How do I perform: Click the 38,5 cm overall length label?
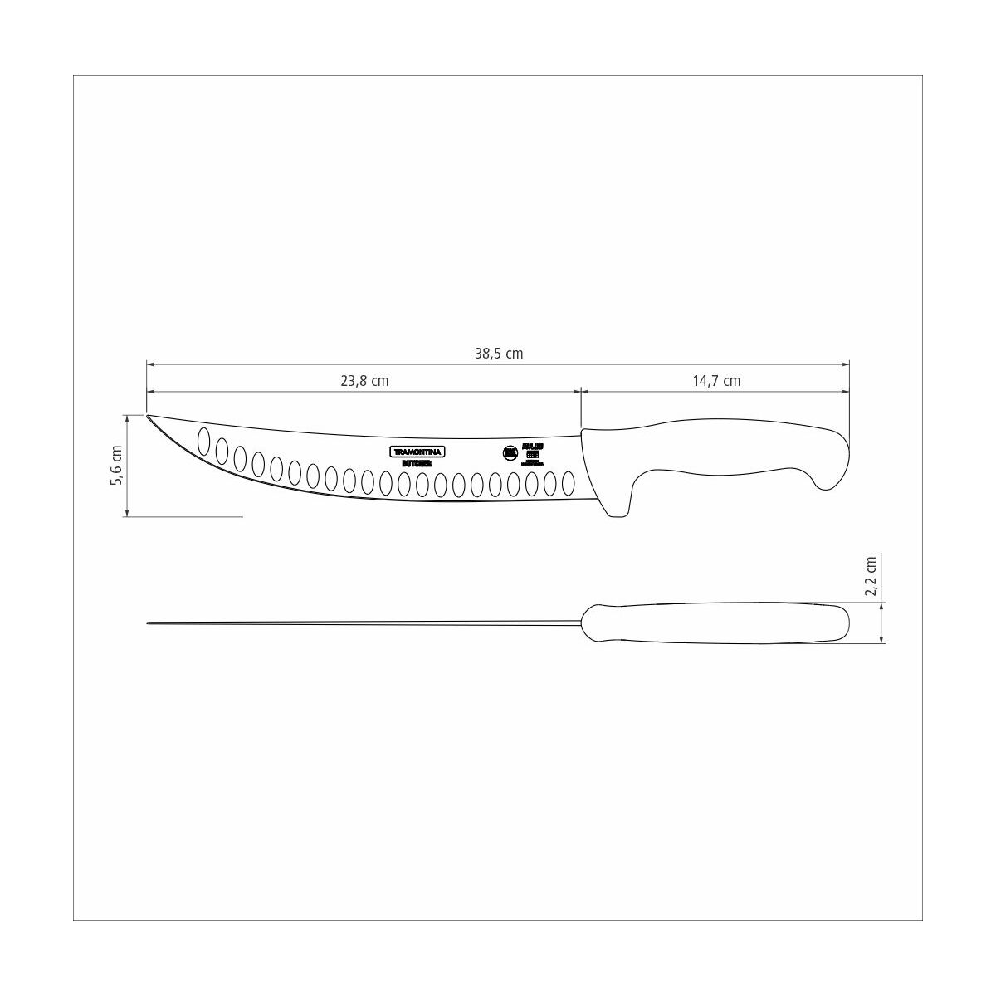tap(499, 354)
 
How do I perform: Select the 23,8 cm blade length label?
tap(364, 381)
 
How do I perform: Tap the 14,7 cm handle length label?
tap(716, 381)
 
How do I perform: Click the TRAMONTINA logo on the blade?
tap(418, 451)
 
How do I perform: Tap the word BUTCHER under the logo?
tap(417, 463)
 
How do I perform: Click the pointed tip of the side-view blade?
tap(149, 417)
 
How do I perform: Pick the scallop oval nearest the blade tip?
tap(203, 442)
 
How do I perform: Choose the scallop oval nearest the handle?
tap(569, 483)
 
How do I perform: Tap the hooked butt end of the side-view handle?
tap(834, 473)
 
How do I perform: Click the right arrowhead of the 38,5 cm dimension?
tap(846, 364)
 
